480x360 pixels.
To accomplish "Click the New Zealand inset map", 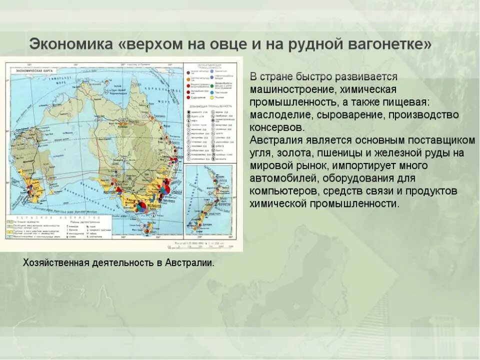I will [x=208, y=200].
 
